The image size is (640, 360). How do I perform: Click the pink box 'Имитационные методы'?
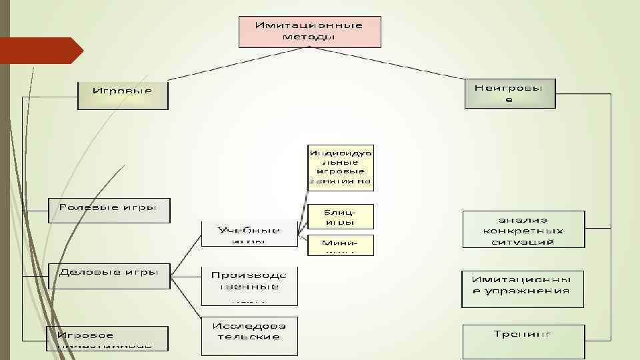pos(310,31)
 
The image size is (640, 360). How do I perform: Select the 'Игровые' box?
pos(123,95)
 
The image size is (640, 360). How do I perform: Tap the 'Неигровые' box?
pos(509,93)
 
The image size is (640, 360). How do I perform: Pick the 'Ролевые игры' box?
pos(109,210)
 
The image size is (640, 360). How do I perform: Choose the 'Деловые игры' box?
pos(109,275)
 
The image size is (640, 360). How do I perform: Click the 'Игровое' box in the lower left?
pos(107,338)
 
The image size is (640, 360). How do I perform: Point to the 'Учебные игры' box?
pos(249,233)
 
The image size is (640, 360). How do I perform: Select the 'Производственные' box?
pos(249,285)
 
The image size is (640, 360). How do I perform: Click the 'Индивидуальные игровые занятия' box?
pos(341,166)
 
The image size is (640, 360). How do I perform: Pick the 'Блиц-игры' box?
pos(341,216)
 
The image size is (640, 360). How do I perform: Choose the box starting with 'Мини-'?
pos(341,245)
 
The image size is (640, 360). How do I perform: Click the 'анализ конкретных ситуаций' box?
pos(523,229)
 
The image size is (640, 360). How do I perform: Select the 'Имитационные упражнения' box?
pos(523,288)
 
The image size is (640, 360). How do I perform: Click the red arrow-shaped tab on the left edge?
pos(40,51)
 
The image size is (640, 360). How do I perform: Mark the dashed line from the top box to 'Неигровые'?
pos(427,66)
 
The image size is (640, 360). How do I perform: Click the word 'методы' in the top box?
pos(310,37)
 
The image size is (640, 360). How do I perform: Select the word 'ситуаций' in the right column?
pos(523,241)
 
